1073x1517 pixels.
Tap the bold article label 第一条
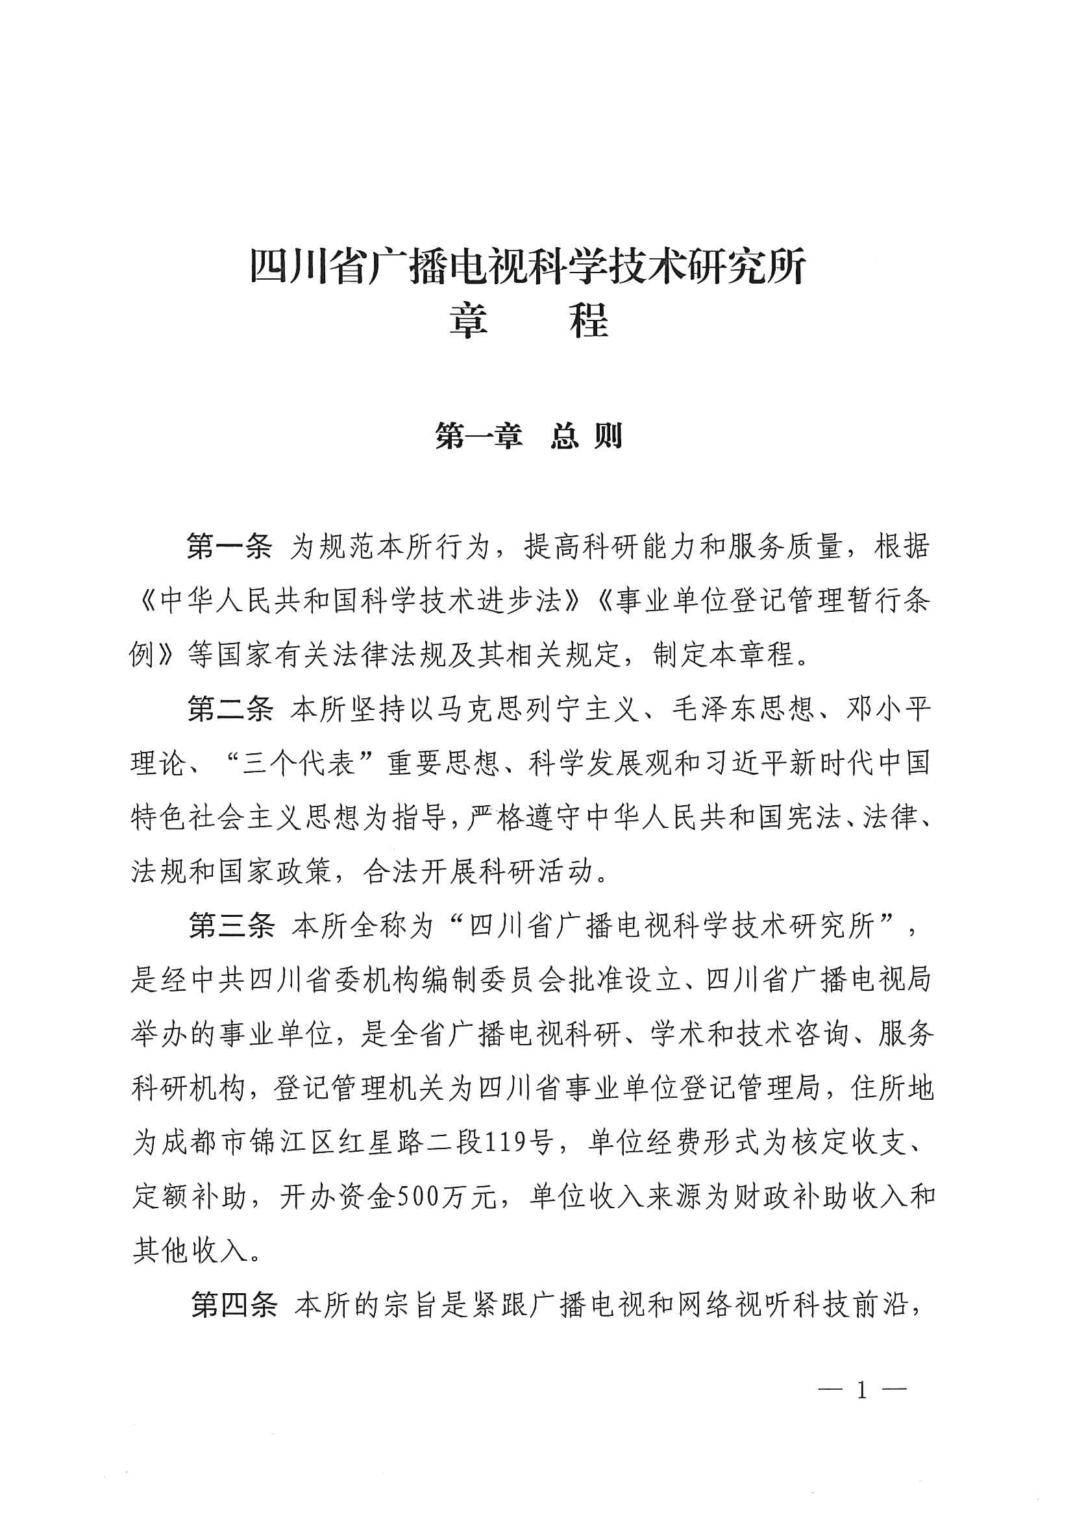228,547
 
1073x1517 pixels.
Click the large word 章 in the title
469,322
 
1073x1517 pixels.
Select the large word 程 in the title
588,322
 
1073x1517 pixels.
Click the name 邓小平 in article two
888,709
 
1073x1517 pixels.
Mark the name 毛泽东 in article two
715,709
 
